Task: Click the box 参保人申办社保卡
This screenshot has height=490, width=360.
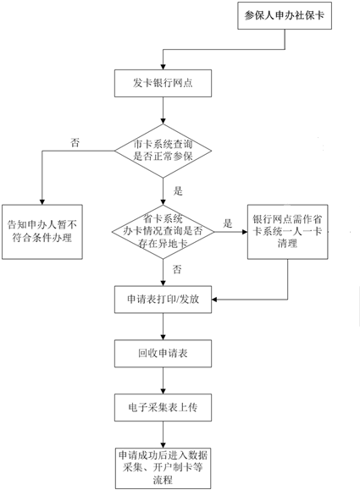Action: coord(285,15)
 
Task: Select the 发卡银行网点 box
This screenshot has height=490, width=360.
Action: coord(163,83)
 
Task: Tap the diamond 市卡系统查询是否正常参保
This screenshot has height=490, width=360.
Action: coord(163,151)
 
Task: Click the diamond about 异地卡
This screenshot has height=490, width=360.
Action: coord(163,232)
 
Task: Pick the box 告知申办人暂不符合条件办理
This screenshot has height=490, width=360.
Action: coord(42,232)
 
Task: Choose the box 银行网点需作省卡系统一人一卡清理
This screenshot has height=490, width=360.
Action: coord(288,232)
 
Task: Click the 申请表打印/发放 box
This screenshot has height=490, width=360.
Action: coord(163,300)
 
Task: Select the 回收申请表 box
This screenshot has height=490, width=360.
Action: coord(163,354)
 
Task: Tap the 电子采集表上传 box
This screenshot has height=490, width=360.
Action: coord(163,407)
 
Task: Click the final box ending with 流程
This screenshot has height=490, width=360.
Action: coord(163,468)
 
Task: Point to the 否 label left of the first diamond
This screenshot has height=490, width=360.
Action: coord(75,143)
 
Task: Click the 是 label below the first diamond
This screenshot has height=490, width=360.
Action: coord(178,191)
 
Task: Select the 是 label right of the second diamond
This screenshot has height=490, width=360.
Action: coord(228,223)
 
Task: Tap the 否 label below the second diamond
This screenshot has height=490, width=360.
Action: coord(177,269)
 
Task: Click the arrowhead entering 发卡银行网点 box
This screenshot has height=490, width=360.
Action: coord(163,67)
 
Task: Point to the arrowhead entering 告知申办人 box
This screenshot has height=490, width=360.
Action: coord(42,202)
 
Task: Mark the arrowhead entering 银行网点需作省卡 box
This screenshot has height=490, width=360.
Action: coord(245,232)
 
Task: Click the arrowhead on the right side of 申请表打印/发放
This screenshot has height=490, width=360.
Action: coord(214,300)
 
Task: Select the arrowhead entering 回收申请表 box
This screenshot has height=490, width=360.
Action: coord(163,338)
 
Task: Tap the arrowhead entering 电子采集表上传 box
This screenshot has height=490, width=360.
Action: coord(163,391)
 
